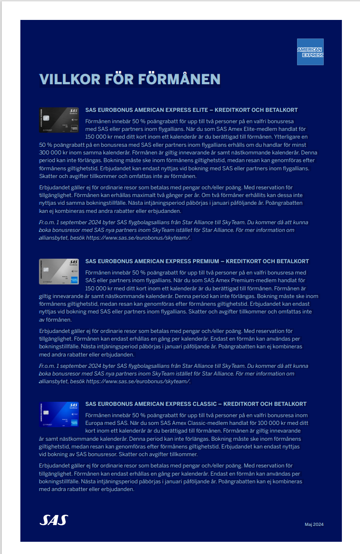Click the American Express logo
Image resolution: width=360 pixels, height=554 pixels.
310,52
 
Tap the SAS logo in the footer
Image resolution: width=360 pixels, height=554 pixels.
53,520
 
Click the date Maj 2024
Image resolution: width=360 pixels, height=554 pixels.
314,525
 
